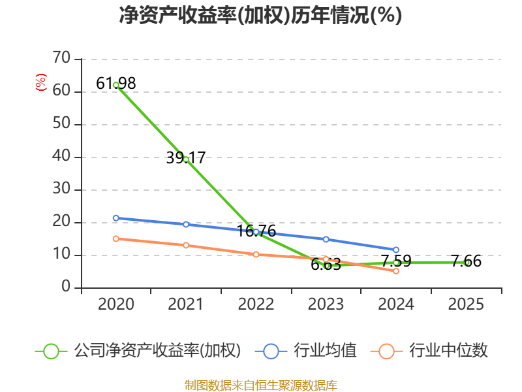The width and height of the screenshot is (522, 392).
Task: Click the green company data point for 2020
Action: coord(116,85)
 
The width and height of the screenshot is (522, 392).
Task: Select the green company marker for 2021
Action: coord(186,159)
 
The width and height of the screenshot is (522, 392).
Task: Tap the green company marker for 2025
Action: coord(467,262)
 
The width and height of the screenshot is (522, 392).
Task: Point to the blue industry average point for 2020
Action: coord(116,218)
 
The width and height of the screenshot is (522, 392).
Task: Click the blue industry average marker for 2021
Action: coord(186,224)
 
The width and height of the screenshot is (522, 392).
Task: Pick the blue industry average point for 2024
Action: coord(396,250)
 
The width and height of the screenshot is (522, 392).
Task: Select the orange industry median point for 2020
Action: coord(116,238)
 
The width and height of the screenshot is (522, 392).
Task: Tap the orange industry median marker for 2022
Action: coord(256,254)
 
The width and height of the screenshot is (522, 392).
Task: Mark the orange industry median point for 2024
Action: coord(396,270)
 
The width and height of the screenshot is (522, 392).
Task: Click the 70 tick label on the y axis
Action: coord(61,59)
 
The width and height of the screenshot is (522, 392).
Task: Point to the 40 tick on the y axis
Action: coord(61,157)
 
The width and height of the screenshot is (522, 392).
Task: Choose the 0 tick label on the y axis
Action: coord(66,287)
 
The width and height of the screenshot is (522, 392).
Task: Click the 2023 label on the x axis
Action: coord(326,304)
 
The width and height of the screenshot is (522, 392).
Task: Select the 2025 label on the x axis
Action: coord(467,304)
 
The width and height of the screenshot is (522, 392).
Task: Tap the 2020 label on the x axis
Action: coord(116,304)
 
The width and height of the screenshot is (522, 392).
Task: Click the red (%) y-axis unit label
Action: coord(41,83)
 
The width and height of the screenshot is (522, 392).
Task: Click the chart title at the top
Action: coord(260,15)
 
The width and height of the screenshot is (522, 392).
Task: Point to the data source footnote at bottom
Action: coord(260,385)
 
